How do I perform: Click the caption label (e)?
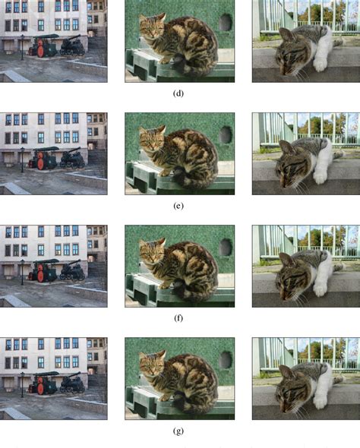pos(180,206)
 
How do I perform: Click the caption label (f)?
pos(180,318)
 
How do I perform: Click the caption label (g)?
pos(180,431)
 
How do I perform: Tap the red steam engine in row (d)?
pos(42,48)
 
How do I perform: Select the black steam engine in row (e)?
pos(72,159)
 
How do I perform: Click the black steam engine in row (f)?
pos(72,271)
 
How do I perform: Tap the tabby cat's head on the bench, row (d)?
pos(152,28)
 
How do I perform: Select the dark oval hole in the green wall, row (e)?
pos(226,135)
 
